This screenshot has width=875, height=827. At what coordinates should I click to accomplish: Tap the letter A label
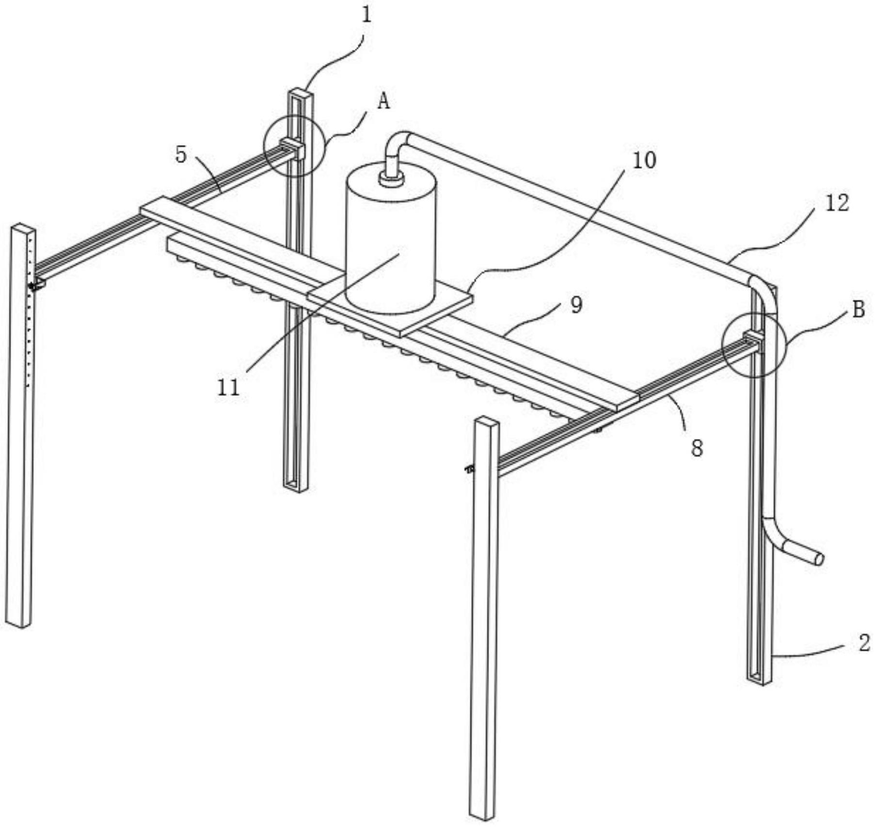tap(383, 101)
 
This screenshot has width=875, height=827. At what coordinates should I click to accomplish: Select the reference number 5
tap(181, 155)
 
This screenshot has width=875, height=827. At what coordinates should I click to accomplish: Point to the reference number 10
tap(644, 160)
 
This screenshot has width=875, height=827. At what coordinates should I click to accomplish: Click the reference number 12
tap(837, 203)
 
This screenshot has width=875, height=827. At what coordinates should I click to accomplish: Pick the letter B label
tap(859, 309)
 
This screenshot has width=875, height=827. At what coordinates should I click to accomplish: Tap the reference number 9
tap(576, 305)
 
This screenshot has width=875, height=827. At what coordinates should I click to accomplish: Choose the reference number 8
tap(697, 449)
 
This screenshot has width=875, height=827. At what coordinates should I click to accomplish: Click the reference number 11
tap(228, 388)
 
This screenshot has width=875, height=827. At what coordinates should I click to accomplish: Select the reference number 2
tap(864, 643)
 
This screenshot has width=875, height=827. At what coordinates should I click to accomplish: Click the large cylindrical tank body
tap(390, 238)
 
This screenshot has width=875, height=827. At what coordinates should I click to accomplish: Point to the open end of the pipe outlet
tap(819, 559)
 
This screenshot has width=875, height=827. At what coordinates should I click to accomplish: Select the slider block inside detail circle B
tap(754, 338)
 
